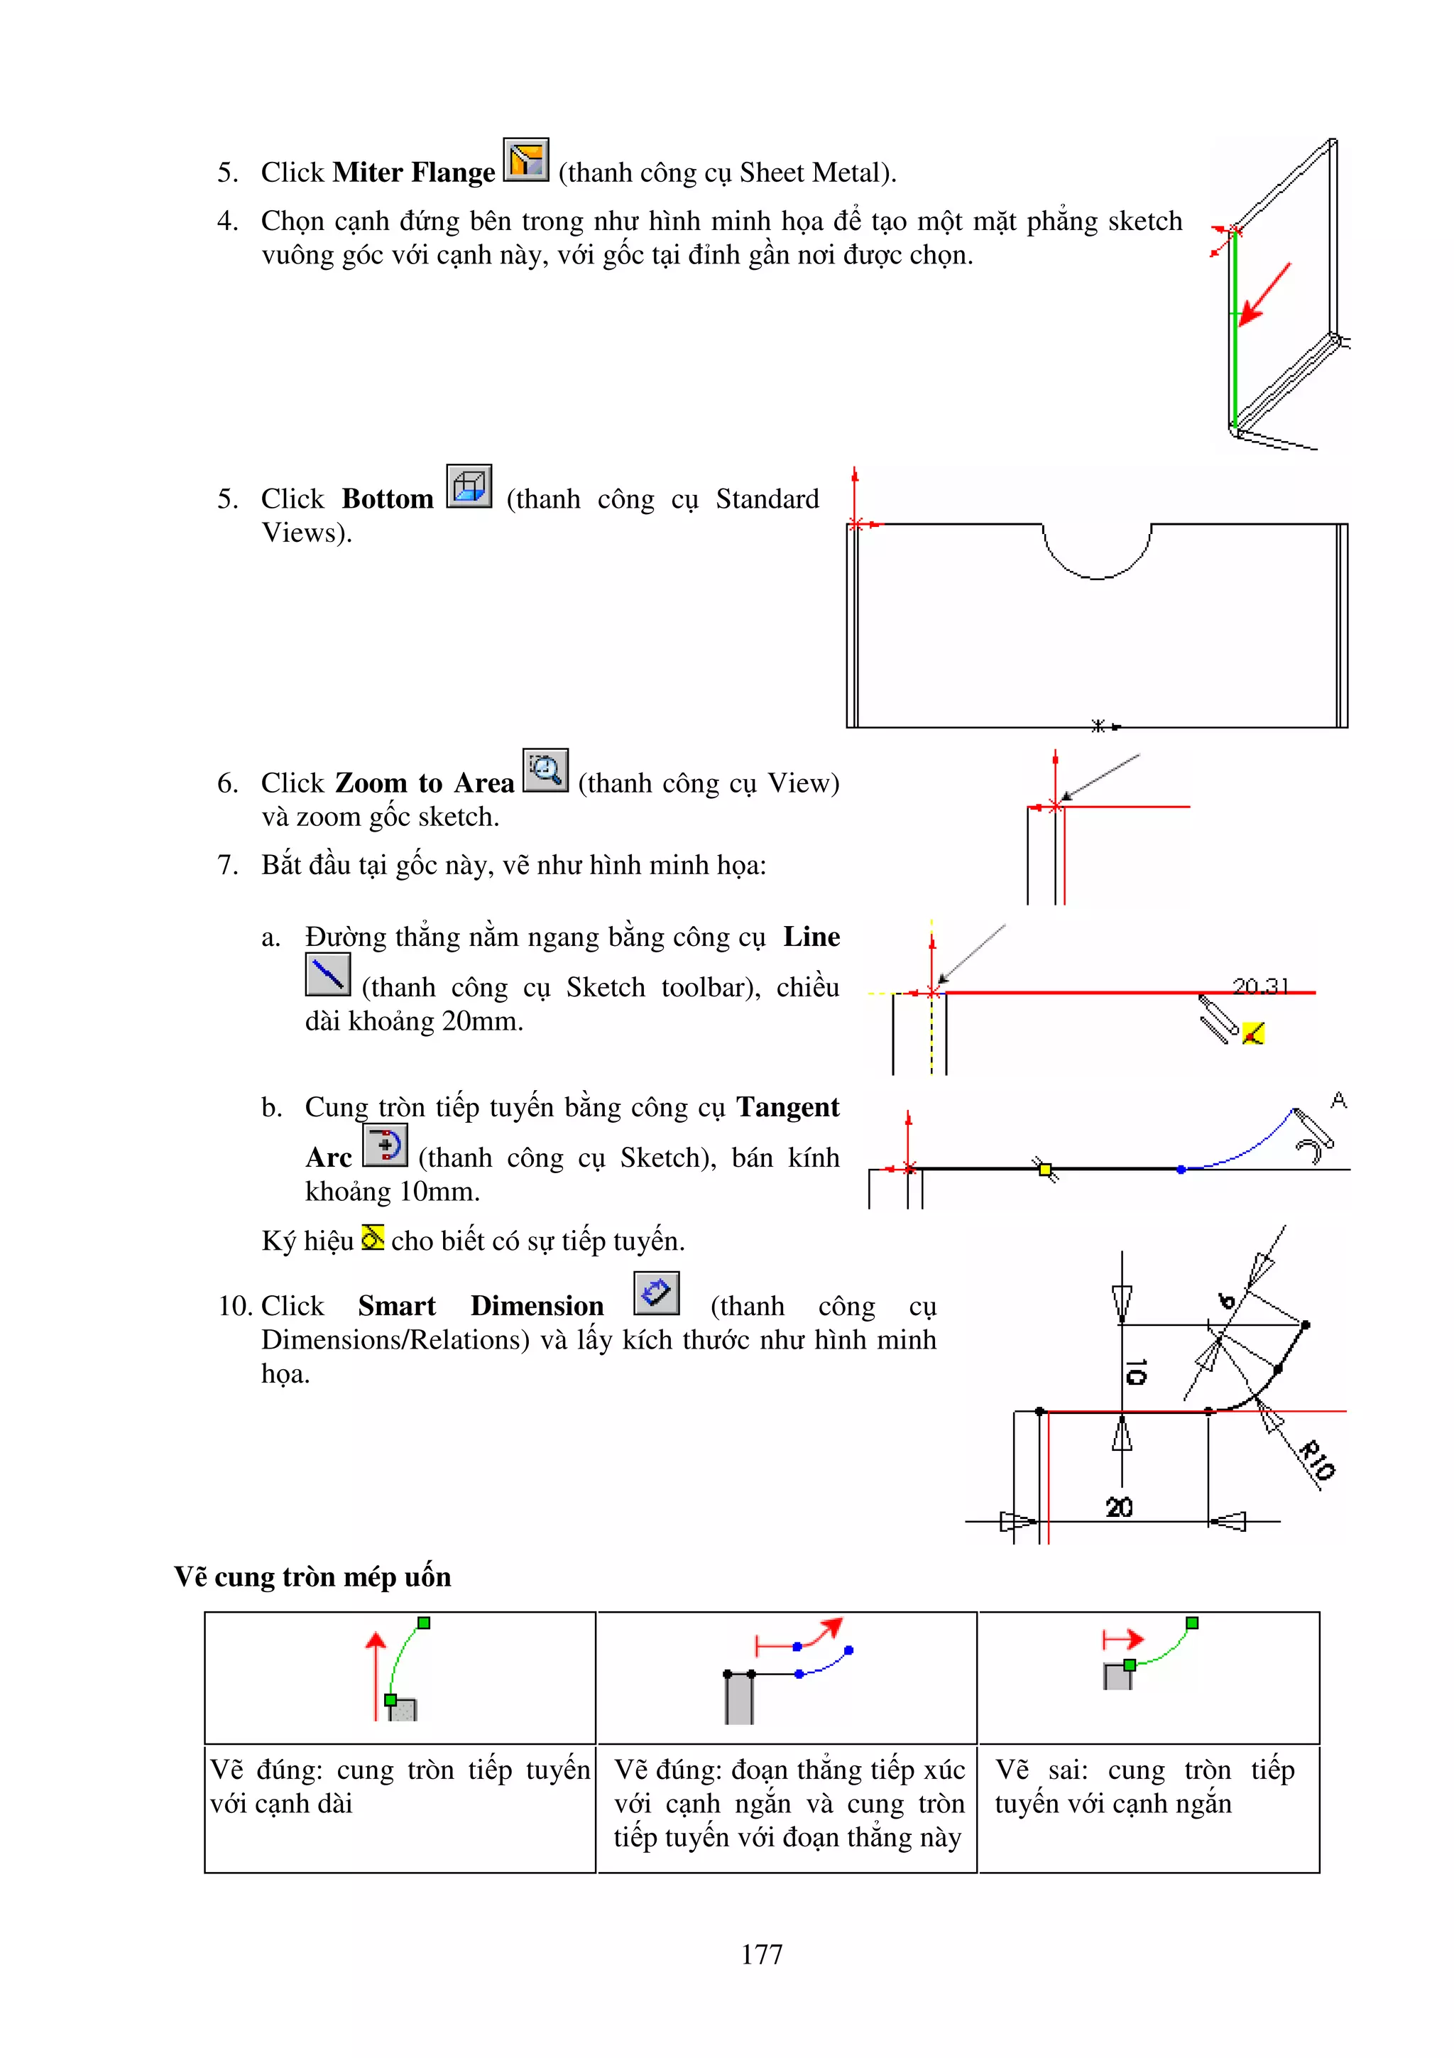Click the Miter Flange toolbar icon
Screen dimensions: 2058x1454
click(x=526, y=160)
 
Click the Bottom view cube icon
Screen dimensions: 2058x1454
click(x=469, y=486)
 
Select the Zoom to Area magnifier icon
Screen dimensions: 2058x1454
click(x=545, y=770)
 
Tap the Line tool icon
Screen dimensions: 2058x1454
click(x=327, y=974)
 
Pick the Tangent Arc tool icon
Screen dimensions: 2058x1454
click(x=386, y=1145)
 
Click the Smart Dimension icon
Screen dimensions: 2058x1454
click(x=656, y=1293)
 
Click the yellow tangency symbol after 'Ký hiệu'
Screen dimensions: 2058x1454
click(x=373, y=1238)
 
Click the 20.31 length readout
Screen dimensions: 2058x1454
click(x=1259, y=986)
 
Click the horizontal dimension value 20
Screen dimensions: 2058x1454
click(x=1119, y=1508)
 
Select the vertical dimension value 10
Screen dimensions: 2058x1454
click(x=1135, y=1371)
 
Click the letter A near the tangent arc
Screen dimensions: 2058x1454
click(x=1338, y=1100)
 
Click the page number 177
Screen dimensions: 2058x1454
click(x=762, y=1954)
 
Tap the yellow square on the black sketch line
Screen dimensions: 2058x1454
click(x=1044, y=1169)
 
